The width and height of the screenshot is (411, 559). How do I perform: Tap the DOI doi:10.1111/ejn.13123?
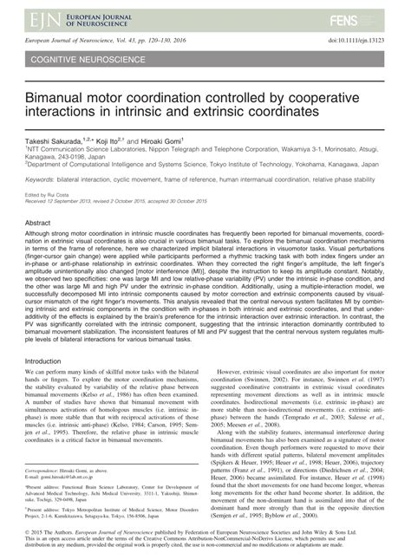[x=356, y=40]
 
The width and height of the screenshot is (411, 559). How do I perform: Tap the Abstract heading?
[x=39, y=223]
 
